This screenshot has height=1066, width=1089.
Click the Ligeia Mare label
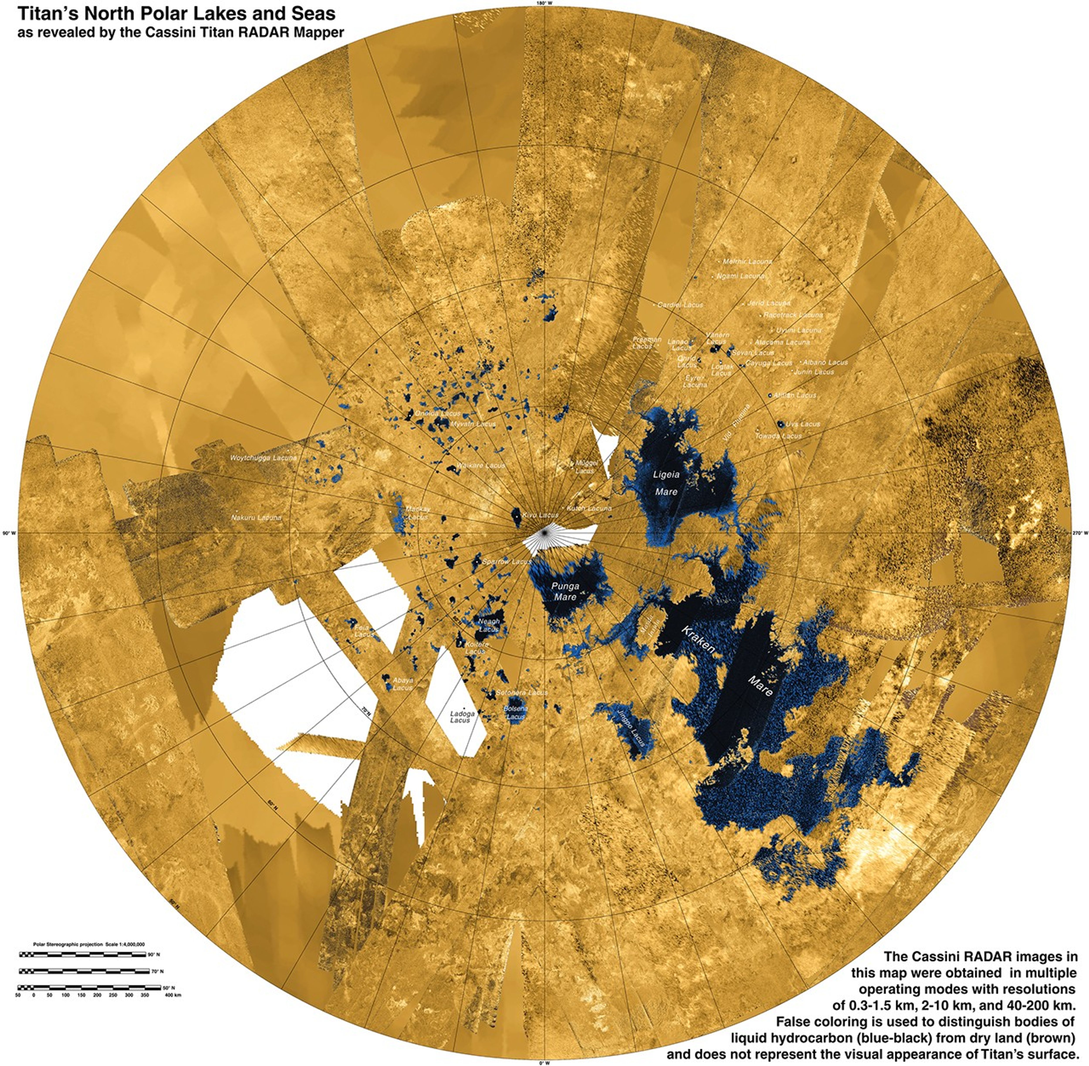point(666,483)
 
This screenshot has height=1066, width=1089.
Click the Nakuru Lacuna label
point(256,518)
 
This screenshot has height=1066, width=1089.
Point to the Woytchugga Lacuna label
point(263,458)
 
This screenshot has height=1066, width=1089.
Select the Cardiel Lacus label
point(680,305)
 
